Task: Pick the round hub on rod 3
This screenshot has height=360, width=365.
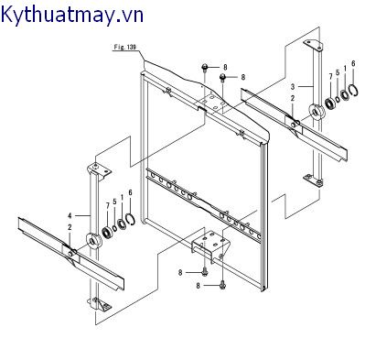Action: tap(317, 113)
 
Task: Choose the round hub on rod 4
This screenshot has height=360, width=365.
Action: tap(93, 243)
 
